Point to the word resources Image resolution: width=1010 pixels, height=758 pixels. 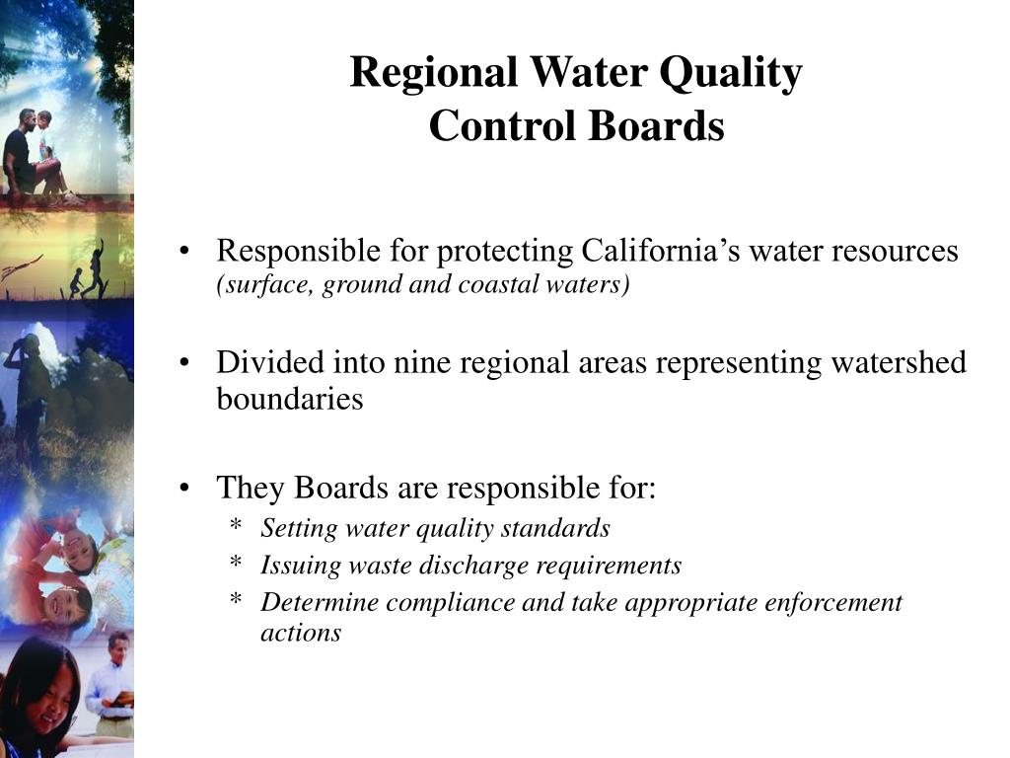coord(895,251)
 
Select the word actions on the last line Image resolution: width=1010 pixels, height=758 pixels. coord(301,633)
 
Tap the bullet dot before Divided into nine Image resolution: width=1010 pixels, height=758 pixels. coord(186,363)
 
